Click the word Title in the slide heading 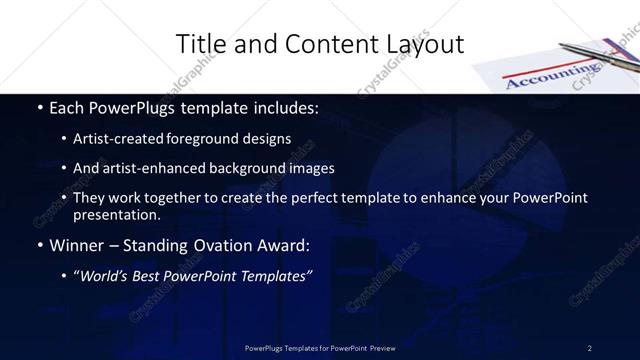click(197, 44)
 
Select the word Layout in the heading click(424, 44)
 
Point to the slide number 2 click(590, 347)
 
